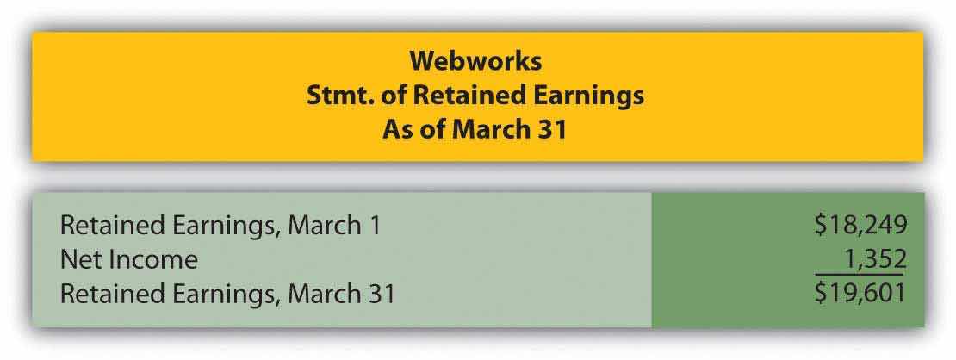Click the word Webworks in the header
475,61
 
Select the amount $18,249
860,226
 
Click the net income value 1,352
874,259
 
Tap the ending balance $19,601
860,294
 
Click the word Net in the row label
78,260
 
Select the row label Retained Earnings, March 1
220,226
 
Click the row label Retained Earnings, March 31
227,294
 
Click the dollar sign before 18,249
820,226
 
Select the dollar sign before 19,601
820,294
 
